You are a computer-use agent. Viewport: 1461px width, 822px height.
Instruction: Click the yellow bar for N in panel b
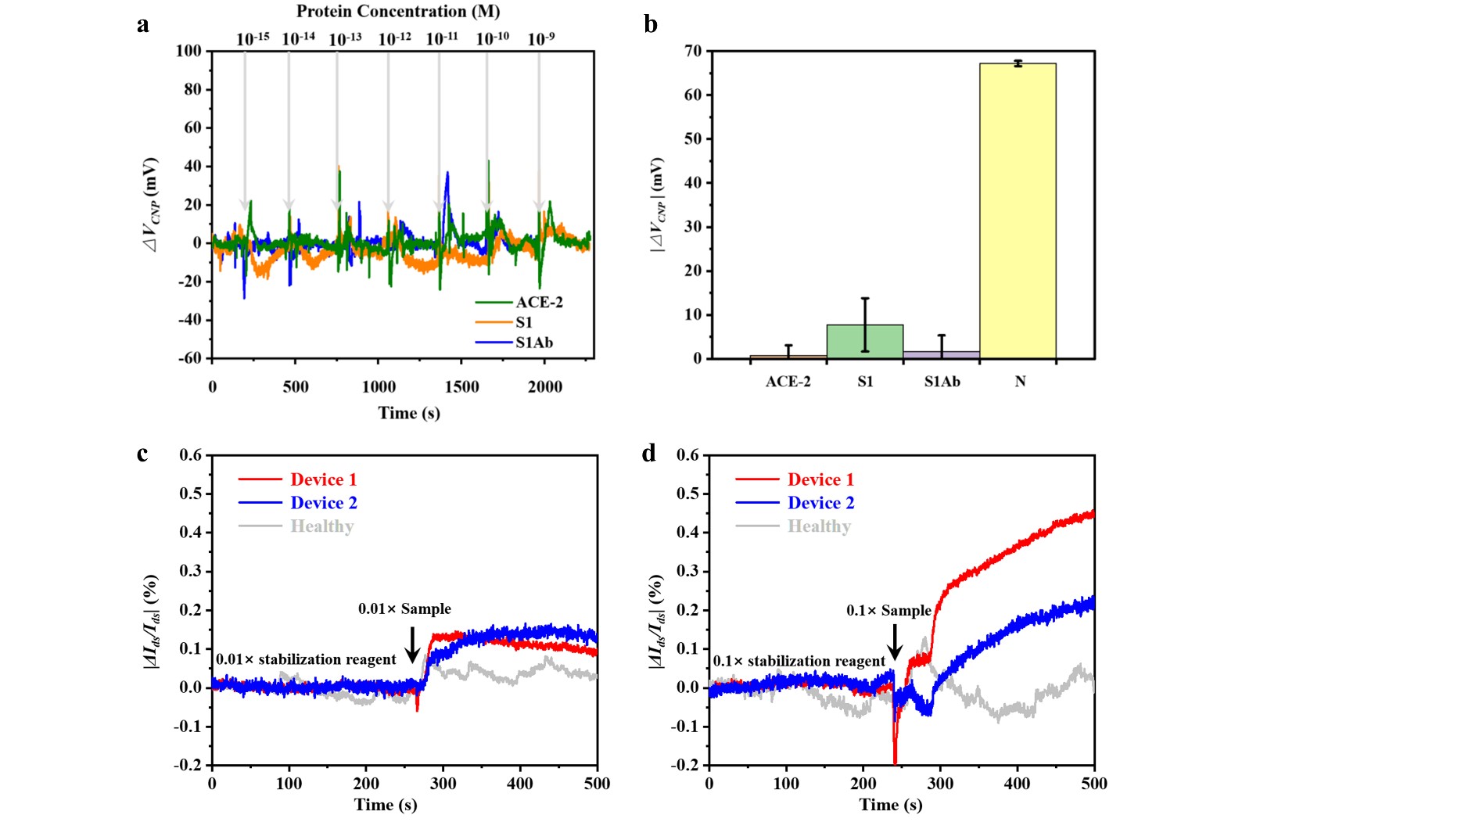tap(1018, 211)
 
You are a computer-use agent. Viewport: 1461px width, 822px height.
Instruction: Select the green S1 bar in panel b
tap(865, 342)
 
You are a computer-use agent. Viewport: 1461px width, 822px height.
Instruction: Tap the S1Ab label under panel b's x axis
tap(942, 382)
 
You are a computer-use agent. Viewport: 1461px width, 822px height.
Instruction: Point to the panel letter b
tap(651, 24)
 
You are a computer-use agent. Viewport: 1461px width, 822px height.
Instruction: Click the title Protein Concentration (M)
tap(398, 12)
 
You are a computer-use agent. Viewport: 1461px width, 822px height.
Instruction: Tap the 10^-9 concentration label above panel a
tap(540, 39)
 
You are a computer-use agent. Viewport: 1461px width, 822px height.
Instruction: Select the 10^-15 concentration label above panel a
tap(252, 39)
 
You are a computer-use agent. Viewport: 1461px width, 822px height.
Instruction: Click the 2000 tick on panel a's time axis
tap(544, 386)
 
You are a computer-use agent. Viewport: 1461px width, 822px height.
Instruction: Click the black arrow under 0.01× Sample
tap(413, 644)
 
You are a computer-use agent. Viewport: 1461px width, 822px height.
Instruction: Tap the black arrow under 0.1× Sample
tap(896, 643)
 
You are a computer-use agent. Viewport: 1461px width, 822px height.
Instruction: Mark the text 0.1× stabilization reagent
tap(799, 662)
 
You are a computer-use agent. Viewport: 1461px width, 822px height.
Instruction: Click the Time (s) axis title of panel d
tap(890, 805)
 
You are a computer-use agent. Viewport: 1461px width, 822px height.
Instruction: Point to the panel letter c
tap(142, 454)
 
